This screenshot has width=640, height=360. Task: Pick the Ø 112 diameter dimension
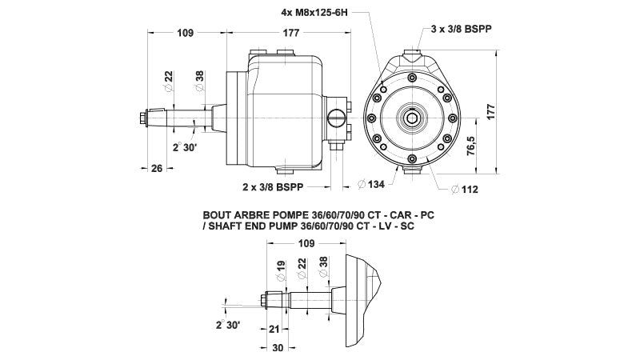tap(467, 190)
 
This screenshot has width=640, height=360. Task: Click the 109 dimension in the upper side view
tap(185, 33)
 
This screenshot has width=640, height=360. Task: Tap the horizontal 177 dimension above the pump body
tap(290, 33)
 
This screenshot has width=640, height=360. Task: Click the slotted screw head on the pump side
tap(335, 120)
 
